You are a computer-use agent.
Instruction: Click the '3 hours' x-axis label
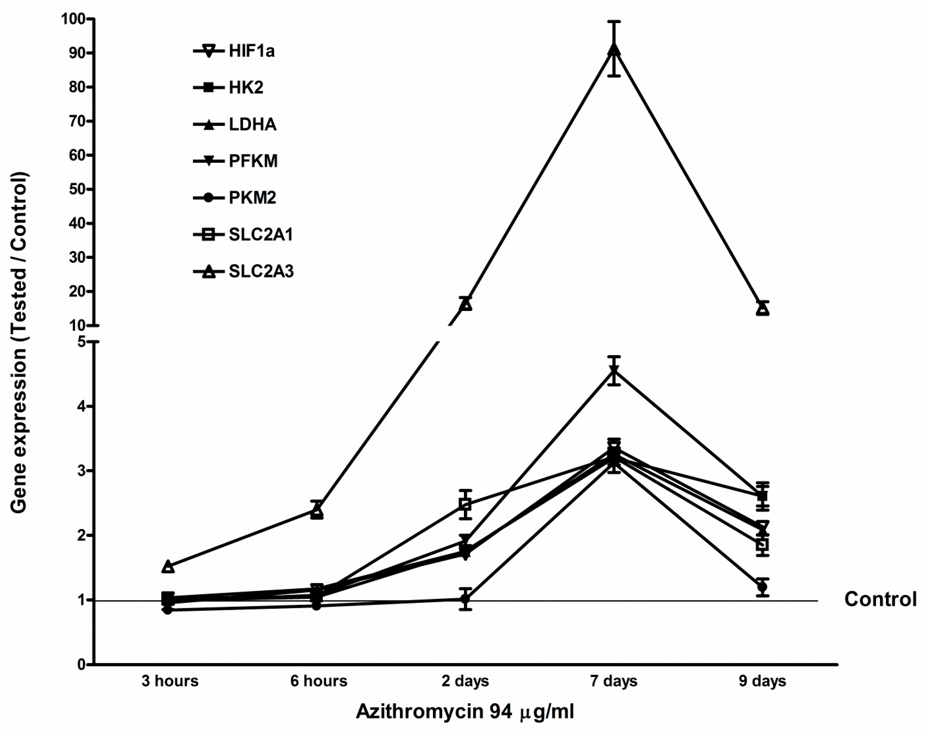point(170,681)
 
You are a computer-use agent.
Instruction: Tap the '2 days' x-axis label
point(465,681)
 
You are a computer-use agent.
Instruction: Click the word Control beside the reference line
point(880,599)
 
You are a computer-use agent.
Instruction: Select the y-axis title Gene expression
point(19,342)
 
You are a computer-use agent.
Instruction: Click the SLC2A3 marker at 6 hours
point(317,509)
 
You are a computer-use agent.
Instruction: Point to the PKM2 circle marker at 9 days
point(762,586)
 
